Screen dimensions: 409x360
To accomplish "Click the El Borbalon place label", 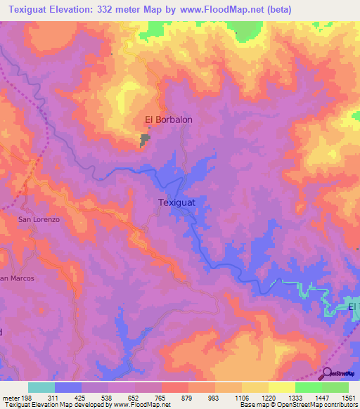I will point(168,119).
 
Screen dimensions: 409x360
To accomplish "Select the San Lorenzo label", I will point(39,220).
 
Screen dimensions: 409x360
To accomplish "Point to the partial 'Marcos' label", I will point(17,278).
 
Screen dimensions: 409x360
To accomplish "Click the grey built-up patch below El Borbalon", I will point(146,141).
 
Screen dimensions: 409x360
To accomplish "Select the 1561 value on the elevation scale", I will point(347,398).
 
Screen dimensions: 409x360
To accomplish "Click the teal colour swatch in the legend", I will point(41,387).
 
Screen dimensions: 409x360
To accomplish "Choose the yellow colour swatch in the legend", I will point(281,387).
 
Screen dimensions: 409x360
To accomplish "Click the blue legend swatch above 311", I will point(67,387).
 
